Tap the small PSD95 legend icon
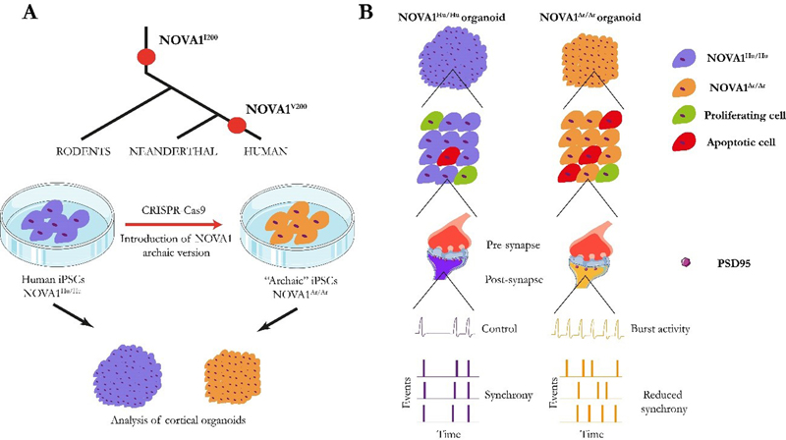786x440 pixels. click(x=687, y=263)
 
